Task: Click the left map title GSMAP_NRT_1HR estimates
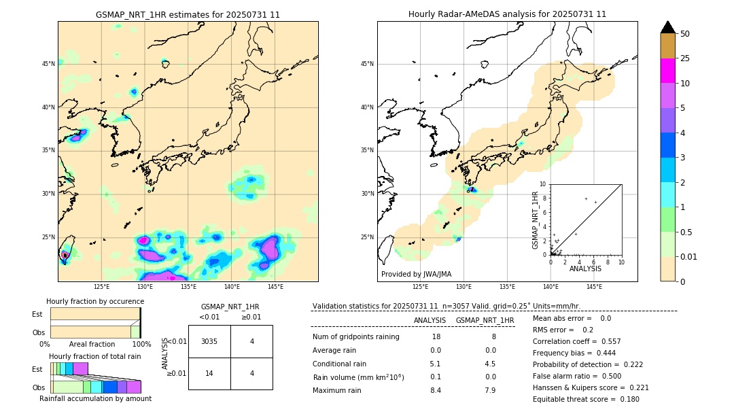pos(188,14)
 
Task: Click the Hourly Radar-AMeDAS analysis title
pos(507,14)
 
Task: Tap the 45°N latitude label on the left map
pos(48,64)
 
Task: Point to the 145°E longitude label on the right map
pos(594,287)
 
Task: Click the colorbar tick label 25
pos(685,58)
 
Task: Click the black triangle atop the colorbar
pos(668,27)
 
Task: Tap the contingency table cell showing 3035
pos(209,341)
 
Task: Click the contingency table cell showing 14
pos(209,373)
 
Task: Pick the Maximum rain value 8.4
pos(435,390)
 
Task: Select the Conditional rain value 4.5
pos(490,364)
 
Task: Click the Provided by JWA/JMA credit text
pos(416,274)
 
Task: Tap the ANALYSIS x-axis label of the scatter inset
pos(585,268)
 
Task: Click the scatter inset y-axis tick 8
pos(544,198)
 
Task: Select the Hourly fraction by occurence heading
pos(95,301)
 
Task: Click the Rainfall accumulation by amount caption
pos(95,398)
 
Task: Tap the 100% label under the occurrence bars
pos(141,345)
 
